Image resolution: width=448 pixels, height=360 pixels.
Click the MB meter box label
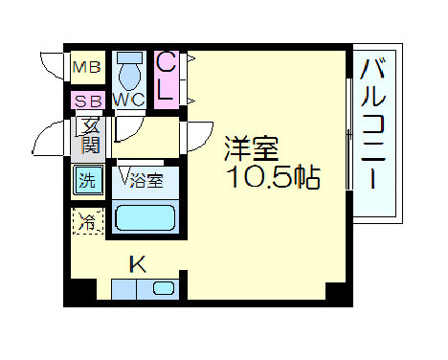(x=87, y=68)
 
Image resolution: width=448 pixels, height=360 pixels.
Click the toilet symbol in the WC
(x=127, y=73)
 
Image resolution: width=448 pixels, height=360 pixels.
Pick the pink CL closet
(x=165, y=78)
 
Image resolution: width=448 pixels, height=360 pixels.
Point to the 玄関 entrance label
(x=89, y=135)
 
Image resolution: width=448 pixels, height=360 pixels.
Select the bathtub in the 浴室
(x=143, y=218)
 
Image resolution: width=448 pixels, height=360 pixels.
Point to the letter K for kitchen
(x=138, y=262)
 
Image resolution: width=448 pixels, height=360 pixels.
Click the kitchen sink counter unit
(x=144, y=288)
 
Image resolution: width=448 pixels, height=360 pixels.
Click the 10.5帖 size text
(x=272, y=178)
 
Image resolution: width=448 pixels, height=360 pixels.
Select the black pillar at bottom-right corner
(x=334, y=291)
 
